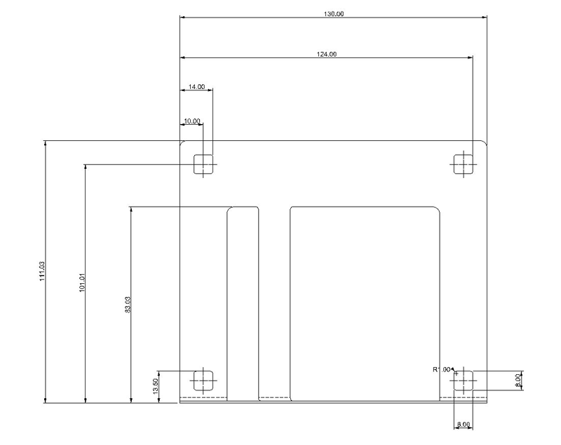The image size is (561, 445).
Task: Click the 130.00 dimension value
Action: tap(334, 14)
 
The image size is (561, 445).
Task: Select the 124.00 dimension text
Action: tap(327, 55)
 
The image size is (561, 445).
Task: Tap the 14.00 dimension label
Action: tap(196, 87)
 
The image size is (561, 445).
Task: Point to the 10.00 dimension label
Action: tap(191, 121)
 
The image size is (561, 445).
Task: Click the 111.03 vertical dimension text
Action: tap(42, 271)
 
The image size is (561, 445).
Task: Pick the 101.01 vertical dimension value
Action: tap(82, 282)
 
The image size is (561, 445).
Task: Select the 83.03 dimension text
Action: tap(128, 305)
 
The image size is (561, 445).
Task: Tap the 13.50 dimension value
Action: tap(155, 386)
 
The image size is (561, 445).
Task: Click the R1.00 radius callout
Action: tap(442, 369)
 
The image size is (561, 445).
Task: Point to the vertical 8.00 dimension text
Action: tap(518, 381)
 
